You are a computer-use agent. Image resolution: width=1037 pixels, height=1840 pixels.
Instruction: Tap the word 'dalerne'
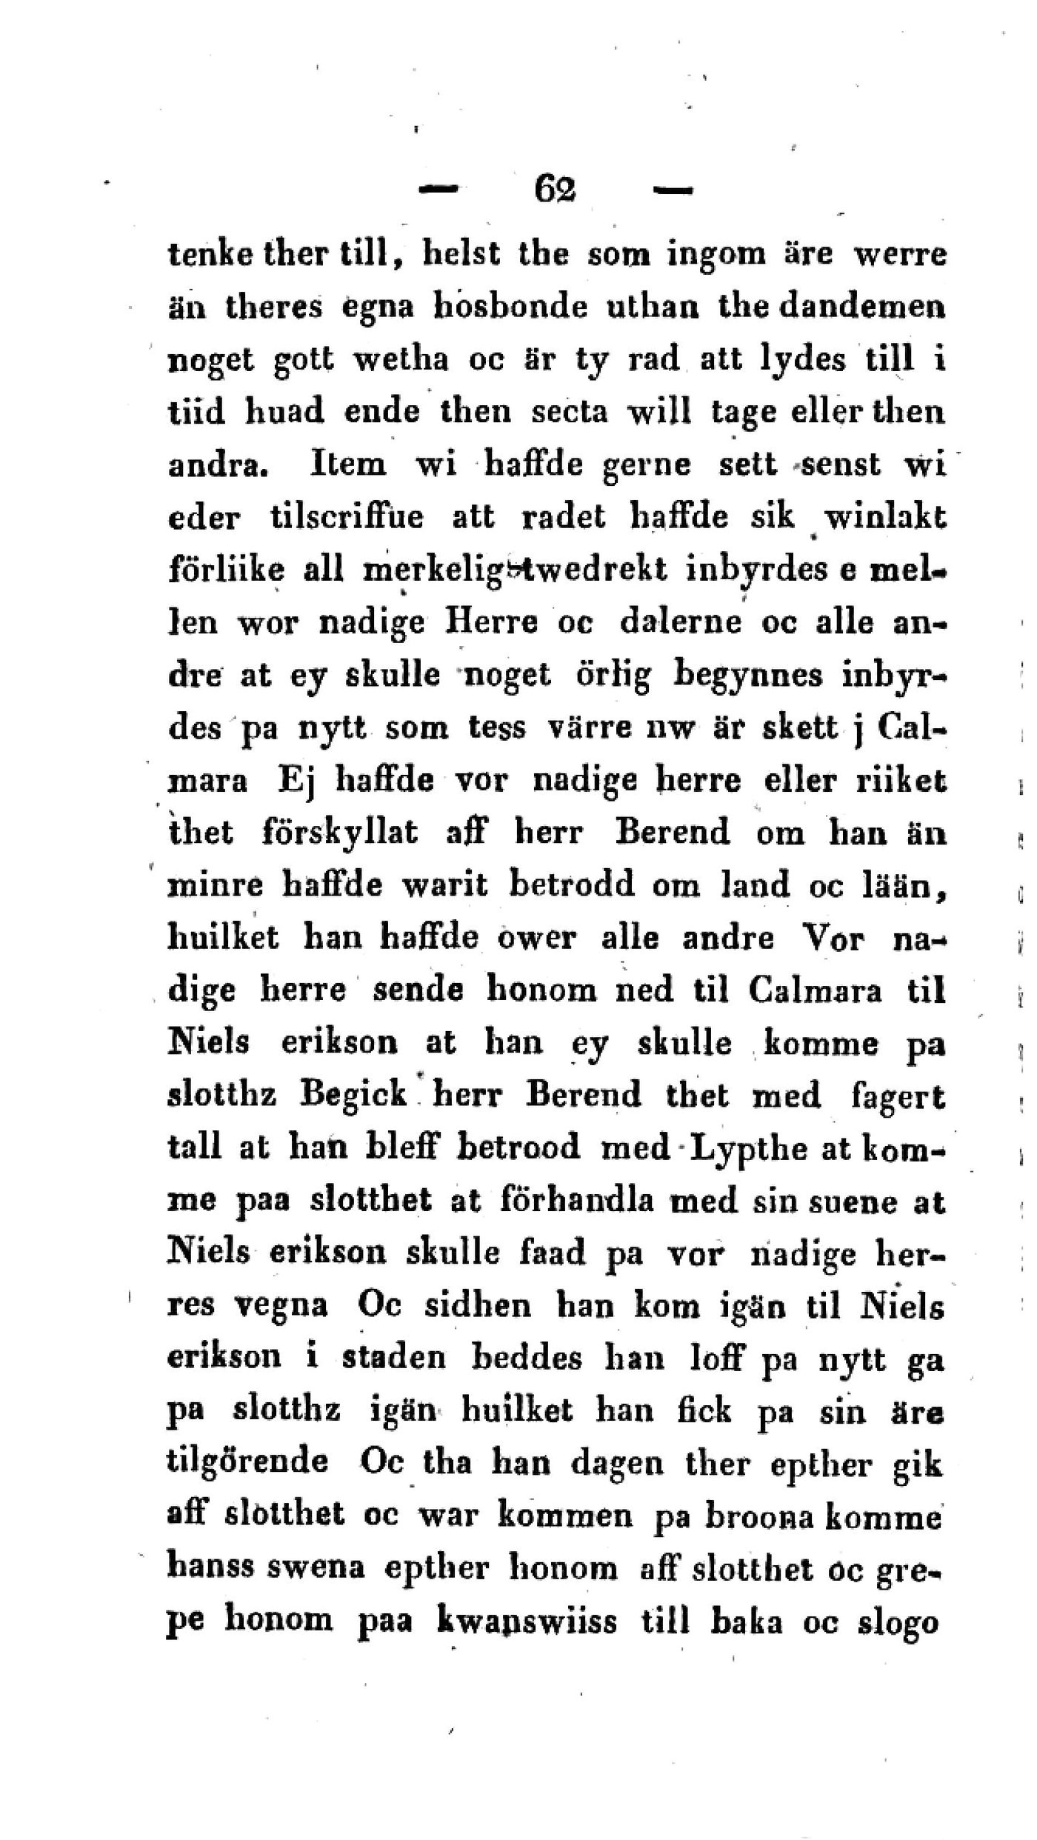pos(681,622)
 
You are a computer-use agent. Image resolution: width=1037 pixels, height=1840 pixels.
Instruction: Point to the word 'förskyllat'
pos(340,833)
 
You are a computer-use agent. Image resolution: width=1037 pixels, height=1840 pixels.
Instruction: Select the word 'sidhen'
pos(478,1305)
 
